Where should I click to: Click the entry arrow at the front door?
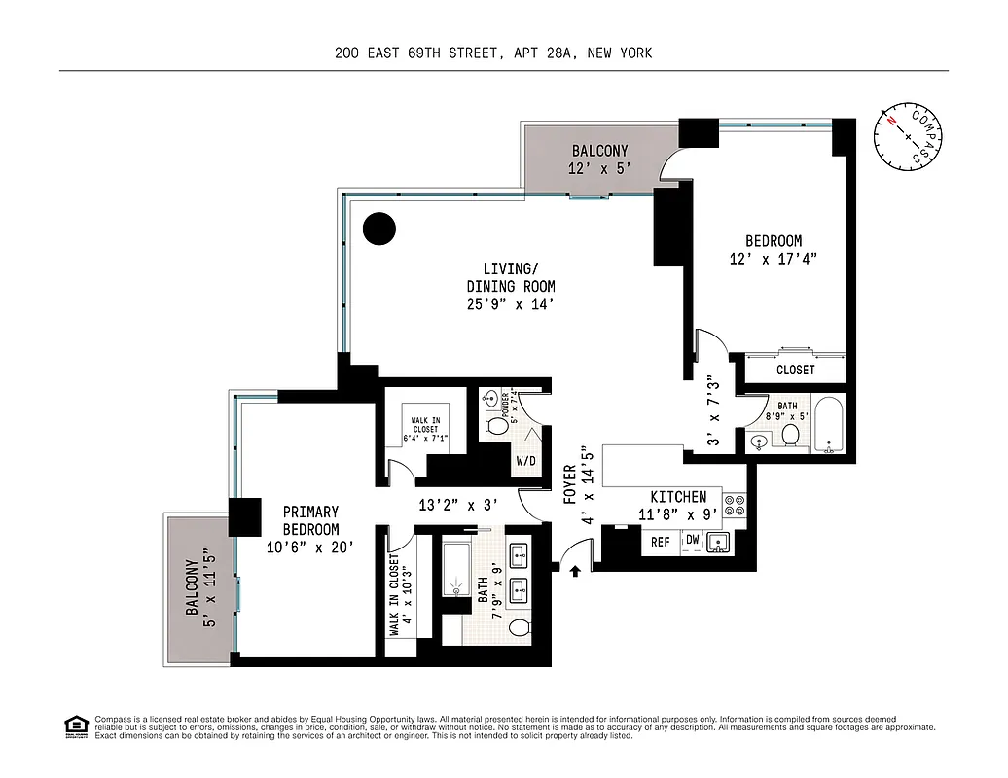575,571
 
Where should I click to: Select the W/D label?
525,460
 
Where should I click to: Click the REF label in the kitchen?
661,542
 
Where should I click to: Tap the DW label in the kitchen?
692,540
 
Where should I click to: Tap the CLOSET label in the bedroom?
795,371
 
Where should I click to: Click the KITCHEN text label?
678,497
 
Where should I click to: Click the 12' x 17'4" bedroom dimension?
773,259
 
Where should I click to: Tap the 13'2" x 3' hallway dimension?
457,505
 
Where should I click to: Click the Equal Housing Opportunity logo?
74,725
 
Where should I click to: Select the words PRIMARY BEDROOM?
311,520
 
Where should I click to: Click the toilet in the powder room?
497,424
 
